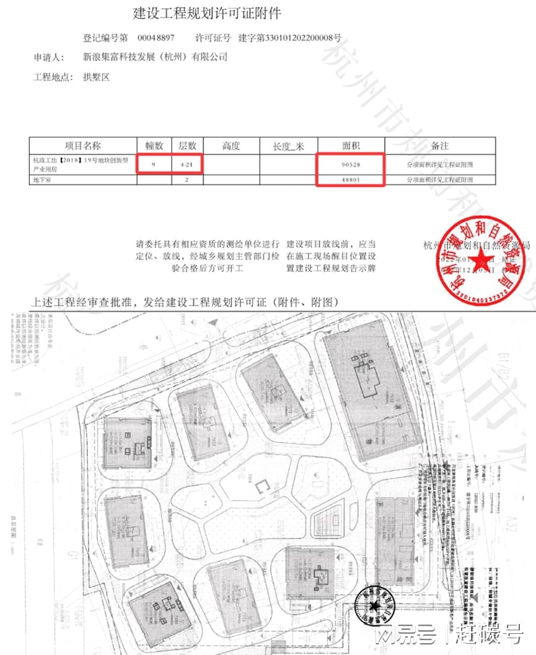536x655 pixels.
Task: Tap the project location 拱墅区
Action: coord(96,77)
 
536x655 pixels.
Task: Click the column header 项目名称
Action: coord(83,146)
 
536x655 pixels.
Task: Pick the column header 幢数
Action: coord(154,146)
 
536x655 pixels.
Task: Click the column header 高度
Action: coord(231,146)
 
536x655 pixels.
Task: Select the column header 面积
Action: coord(351,146)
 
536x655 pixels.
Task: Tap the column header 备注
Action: coord(440,146)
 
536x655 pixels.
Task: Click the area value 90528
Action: coord(351,165)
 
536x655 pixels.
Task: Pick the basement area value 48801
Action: coord(351,180)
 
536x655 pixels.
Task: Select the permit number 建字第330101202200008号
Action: coord(290,37)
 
